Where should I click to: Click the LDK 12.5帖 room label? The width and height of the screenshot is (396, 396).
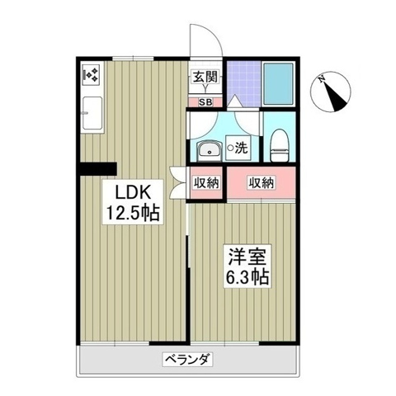tap(133, 202)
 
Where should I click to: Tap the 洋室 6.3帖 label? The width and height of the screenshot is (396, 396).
tap(247, 266)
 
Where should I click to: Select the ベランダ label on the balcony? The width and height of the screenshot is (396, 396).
tap(187, 359)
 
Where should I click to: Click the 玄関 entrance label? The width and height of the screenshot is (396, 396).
tap(205, 77)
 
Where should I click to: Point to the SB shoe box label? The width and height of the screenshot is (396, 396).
tap(205, 102)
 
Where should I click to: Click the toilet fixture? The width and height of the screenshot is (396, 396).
tap(279, 145)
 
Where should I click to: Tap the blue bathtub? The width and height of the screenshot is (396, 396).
tap(278, 84)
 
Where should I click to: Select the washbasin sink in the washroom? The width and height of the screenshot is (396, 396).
tap(209, 150)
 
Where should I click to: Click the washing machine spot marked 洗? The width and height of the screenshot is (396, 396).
tap(238, 148)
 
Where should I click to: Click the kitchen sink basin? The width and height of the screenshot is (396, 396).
tap(92, 113)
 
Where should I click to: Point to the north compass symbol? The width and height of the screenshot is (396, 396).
tap(330, 92)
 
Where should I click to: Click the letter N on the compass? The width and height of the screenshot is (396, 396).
tap(321, 79)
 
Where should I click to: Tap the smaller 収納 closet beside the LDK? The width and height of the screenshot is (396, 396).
tap(206, 182)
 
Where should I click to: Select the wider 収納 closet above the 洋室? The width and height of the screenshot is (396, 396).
tap(262, 182)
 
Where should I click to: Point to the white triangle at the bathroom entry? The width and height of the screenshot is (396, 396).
tap(234, 101)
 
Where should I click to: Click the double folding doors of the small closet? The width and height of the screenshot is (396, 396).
tap(178, 182)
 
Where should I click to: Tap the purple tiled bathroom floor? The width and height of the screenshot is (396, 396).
tap(243, 83)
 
